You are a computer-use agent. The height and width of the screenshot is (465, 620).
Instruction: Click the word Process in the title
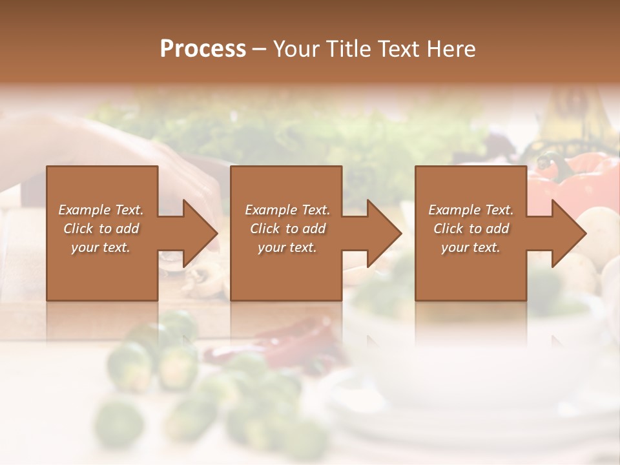pos(203,49)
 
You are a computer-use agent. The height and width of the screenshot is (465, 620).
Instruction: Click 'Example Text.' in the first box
pos(101,210)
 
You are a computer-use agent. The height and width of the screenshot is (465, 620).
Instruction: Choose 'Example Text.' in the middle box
pos(287,210)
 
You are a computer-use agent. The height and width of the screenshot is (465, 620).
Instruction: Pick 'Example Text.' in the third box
pos(471,210)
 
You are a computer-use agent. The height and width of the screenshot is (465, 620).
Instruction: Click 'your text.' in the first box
pos(101,247)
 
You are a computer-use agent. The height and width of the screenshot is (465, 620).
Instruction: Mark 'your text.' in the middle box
pos(287,247)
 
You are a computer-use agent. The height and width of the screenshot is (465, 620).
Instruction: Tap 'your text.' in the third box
pos(471,247)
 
